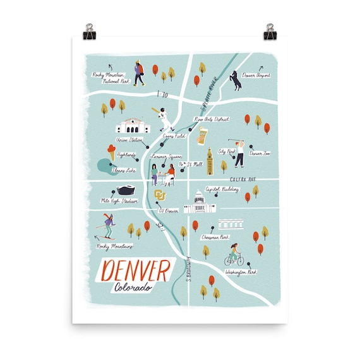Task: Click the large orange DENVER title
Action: tap(135, 270)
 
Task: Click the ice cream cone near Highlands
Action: tap(112, 153)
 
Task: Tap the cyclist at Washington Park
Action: tap(234, 255)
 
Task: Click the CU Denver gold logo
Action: tap(159, 193)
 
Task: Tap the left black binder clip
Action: tap(90, 30)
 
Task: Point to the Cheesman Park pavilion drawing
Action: tap(231, 225)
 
